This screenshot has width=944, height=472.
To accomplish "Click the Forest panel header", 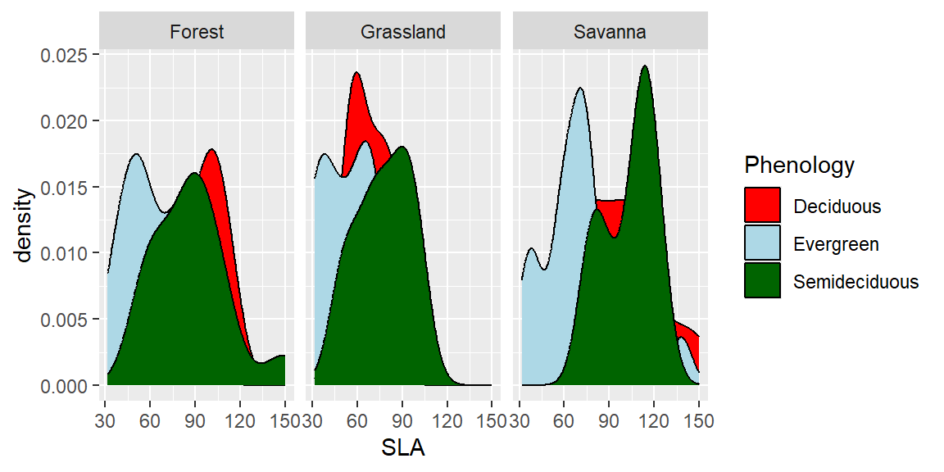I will coord(197,33).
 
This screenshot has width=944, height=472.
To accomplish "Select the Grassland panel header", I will coord(403,33).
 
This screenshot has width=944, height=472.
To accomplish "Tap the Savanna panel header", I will coord(610,33).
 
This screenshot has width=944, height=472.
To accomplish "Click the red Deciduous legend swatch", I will coord(762,206).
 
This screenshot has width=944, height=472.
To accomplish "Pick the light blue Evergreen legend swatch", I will coord(762,243).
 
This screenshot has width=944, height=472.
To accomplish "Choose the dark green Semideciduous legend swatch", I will coord(762,281).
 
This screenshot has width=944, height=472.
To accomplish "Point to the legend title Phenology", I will coord(799,166).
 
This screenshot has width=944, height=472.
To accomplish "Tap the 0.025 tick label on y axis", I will coord(69,55).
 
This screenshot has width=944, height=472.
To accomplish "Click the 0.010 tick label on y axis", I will coord(69,253).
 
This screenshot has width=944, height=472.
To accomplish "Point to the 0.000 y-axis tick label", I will coord(69,385).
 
